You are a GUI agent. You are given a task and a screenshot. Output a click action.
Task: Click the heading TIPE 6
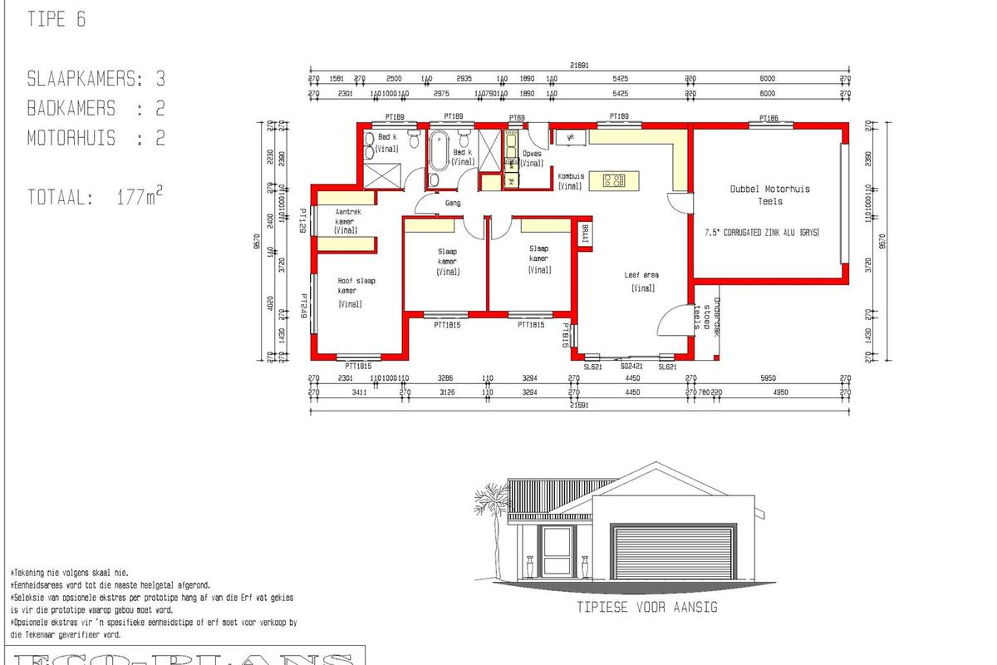point(56,20)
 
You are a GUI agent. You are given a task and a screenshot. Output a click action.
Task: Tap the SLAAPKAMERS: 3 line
point(96,79)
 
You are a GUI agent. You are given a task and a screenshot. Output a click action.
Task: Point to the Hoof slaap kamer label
point(355,286)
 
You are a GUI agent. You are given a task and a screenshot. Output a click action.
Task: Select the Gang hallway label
point(453,203)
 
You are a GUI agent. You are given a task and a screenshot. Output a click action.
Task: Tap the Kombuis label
point(570,181)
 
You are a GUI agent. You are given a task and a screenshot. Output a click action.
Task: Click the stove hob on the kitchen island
point(613,180)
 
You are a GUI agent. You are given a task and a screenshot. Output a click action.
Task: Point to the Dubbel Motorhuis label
point(769,195)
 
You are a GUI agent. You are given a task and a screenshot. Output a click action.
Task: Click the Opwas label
point(532,158)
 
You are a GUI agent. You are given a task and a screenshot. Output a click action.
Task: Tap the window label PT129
point(305,221)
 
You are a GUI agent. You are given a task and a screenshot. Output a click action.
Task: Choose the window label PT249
point(305,305)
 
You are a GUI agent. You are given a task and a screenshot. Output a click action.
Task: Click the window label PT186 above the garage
point(768,117)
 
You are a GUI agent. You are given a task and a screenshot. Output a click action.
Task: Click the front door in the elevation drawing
point(556,550)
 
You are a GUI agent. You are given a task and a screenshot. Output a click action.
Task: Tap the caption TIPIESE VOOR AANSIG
point(647,608)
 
